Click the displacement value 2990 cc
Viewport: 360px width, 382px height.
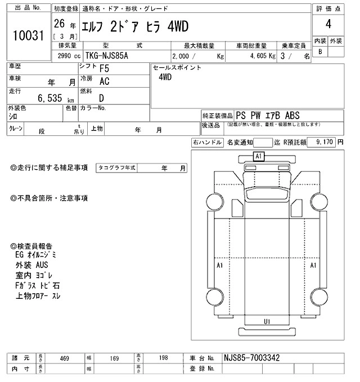pos(69,57)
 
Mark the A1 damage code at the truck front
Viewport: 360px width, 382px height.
pos(259,156)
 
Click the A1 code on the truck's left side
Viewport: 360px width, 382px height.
pos(220,265)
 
